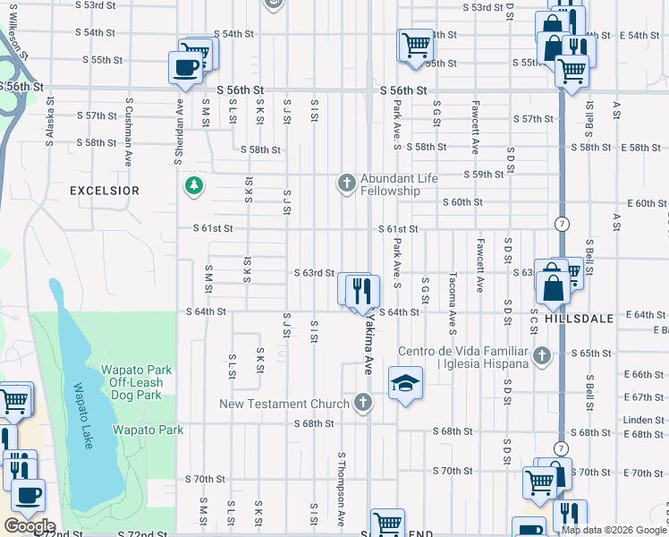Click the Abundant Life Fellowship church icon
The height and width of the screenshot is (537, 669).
point(347,183)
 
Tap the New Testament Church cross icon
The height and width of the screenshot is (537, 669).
point(362,403)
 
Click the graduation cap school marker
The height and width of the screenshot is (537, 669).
point(405,384)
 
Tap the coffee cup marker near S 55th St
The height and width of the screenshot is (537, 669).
point(185,67)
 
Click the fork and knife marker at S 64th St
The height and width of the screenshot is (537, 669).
point(362,290)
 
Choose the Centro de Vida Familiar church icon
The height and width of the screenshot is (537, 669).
point(540,357)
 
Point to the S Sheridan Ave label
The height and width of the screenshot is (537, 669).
point(179,124)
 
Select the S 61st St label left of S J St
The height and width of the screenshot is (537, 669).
point(213,228)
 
